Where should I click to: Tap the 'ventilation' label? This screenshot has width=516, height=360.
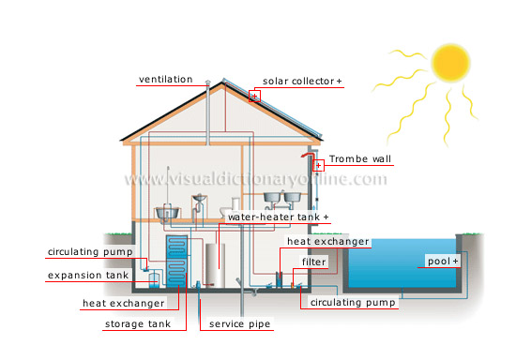point(165,80)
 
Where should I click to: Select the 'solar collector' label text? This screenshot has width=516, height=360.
point(298,82)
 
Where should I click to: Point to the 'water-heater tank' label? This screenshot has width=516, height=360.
point(279,217)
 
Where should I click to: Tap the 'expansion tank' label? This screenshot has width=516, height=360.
point(87,275)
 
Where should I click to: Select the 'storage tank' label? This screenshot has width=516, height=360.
point(136,324)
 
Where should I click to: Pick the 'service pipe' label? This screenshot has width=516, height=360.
point(239,324)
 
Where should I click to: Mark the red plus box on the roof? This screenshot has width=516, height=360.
point(254,95)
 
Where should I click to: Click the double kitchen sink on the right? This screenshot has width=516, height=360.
point(281,198)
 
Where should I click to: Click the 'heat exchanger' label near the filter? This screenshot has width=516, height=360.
point(328,241)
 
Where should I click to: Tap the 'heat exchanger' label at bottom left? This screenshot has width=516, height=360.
point(124,303)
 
